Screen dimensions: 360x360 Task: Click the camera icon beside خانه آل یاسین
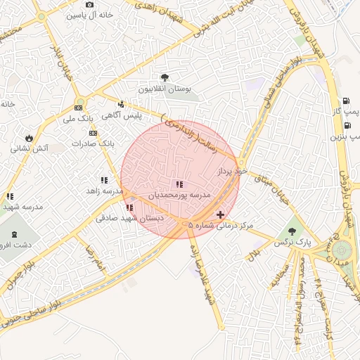89,5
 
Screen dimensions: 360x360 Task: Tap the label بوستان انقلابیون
165,90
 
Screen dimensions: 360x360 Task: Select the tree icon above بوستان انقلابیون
165,77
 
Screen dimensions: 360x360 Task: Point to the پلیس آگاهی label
122,115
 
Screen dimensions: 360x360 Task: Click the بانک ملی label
78,120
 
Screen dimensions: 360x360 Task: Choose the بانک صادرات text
92,143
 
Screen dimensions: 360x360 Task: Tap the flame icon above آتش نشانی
29,138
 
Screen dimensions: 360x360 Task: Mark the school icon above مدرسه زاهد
104,181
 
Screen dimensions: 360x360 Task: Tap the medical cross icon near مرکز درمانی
220,214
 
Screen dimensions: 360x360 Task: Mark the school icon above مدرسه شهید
10,197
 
